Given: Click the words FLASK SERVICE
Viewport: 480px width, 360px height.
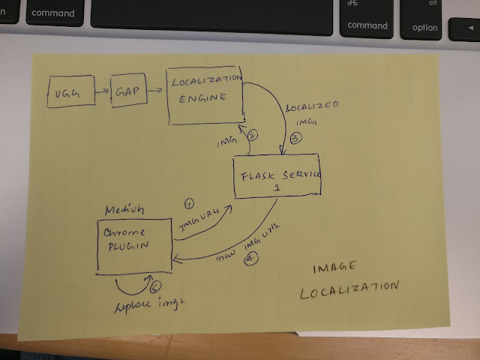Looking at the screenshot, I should click(x=280, y=175).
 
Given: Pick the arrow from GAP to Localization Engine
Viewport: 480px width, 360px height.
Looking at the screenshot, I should click(x=155, y=90).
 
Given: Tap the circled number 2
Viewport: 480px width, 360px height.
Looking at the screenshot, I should click(x=253, y=136).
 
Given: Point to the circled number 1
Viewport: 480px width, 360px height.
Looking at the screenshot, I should click(x=189, y=203).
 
